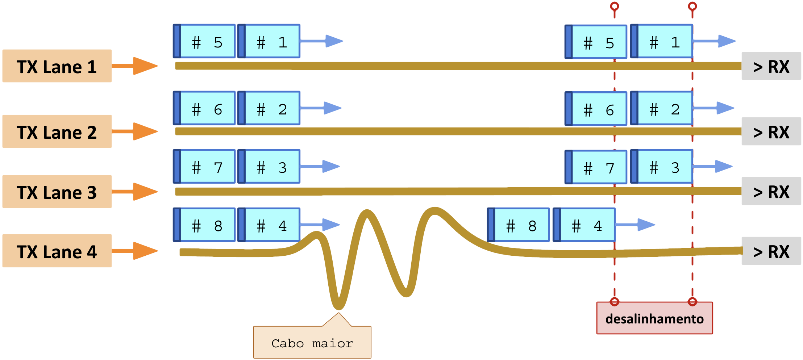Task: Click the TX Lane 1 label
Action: pos(57,66)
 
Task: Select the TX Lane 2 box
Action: pos(57,131)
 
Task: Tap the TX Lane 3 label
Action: pos(57,192)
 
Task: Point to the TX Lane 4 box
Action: pos(57,251)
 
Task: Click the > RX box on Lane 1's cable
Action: pos(771,66)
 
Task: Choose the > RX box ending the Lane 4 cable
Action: pos(771,251)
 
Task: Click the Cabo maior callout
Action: pos(312,342)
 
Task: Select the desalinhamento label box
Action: pos(654,318)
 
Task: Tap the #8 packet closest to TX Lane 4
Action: pos(205,225)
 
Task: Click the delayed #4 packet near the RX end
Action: pos(584,225)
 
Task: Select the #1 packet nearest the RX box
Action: pos(662,42)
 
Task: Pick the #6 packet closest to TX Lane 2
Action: pos(205,108)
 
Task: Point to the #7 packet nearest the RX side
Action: pos(596,167)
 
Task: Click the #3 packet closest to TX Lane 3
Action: pos(269,167)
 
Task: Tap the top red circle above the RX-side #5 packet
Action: pos(614,6)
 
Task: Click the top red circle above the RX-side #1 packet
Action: pos(692,6)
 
